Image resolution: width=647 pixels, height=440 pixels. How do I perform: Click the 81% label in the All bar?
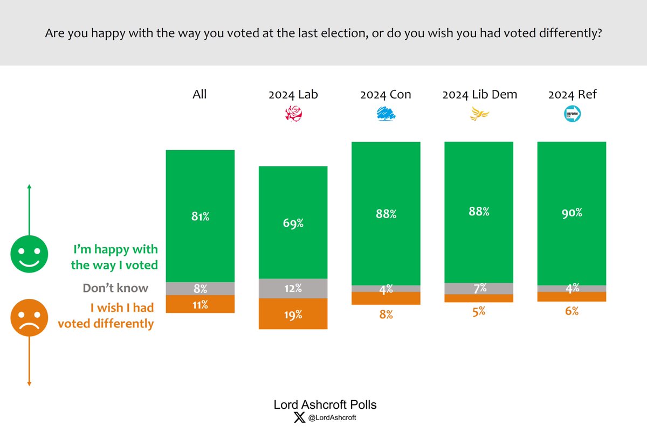point(199,217)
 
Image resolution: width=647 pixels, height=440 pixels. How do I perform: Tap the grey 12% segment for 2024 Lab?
point(293,288)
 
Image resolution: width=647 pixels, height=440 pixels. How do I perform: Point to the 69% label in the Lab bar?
point(293,222)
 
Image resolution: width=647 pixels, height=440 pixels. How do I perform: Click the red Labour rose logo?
point(293,114)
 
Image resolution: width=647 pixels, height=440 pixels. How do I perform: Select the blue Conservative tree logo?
point(386,114)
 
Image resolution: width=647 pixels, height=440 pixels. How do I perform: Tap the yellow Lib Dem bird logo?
point(479,114)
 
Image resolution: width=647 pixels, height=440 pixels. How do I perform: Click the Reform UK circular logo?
point(572,114)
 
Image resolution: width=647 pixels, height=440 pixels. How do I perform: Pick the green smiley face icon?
point(29,254)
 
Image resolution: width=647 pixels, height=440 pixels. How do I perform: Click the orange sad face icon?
point(29,318)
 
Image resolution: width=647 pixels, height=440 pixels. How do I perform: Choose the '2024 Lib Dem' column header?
point(479,95)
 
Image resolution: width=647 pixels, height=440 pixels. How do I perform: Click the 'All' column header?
point(199,95)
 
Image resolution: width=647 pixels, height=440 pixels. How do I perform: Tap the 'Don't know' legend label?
point(115,288)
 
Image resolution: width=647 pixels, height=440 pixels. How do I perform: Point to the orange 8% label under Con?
point(386,315)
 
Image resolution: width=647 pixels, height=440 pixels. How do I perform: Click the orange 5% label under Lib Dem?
point(479,311)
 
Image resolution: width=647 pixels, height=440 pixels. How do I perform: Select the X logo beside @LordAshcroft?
point(300,418)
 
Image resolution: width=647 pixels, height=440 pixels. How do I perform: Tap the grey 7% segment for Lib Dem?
point(479,288)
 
